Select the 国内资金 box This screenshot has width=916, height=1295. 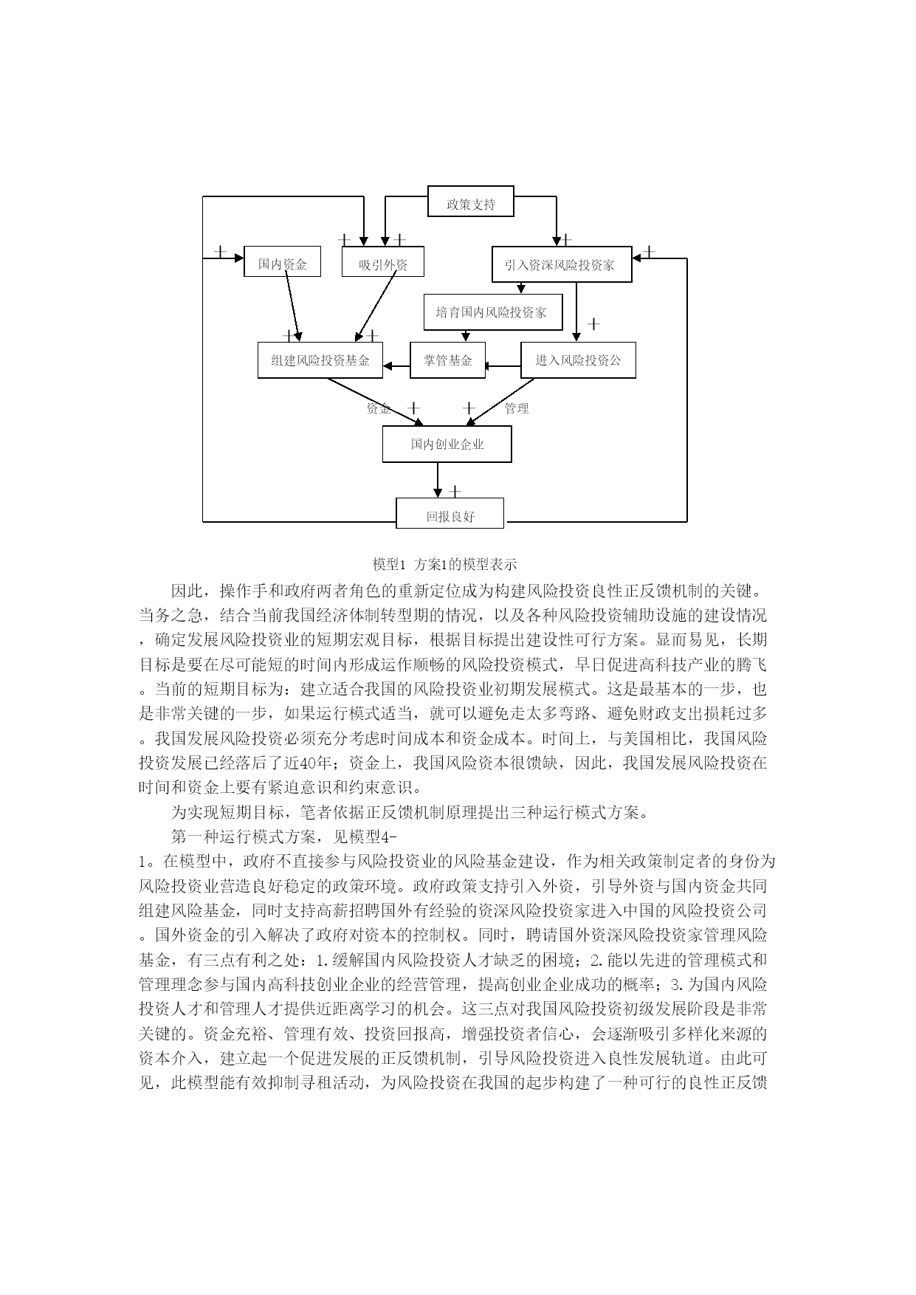(x=282, y=261)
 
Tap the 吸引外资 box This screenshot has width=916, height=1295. (x=383, y=261)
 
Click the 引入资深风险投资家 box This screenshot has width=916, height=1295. (x=562, y=264)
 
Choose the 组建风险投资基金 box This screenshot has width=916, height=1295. (x=320, y=360)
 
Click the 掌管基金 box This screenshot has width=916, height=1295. (x=447, y=360)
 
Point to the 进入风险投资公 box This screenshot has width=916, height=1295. (x=578, y=360)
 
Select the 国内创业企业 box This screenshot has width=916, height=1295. (x=447, y=444)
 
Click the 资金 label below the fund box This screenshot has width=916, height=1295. (x=379, y=408)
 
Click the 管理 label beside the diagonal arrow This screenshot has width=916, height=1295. (x=517, y=408)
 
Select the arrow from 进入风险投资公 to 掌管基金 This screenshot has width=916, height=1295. (x=503, y=365)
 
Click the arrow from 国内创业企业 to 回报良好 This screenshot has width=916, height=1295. (x=438, y=481)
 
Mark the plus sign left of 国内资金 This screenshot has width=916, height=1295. (x=220, y=251)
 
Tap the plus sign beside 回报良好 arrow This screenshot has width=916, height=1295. (x=455, y=491)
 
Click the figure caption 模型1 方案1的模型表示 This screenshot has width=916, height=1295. (x=445, y=565)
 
